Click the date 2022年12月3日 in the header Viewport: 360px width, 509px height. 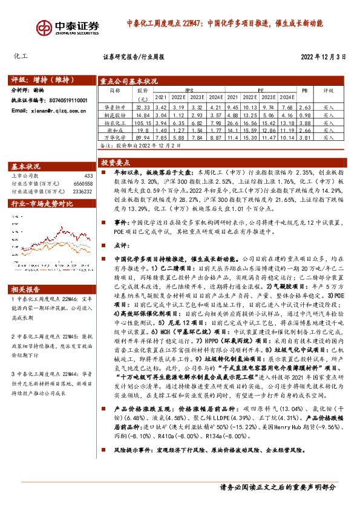[x=323, y=57]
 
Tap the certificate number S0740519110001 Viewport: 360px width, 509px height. [x=67, y=100]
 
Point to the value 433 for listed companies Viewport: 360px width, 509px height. [x=88, y=176]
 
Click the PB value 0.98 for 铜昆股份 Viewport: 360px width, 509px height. [x=304, y=114]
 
